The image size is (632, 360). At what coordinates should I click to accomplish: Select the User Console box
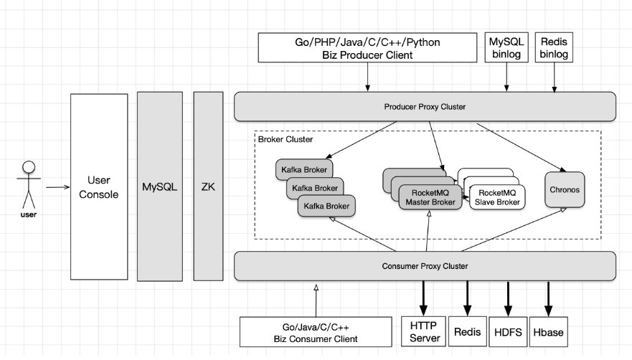click(x=99, y=186)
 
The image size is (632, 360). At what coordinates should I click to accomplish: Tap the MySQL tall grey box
click(x=159, y=186)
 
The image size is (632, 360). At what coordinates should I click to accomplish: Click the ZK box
click(x=208, y=186)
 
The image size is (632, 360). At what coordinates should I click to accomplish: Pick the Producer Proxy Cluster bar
click(x=425, y=107)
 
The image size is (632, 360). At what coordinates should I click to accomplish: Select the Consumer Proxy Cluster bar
click(x=425, y=266)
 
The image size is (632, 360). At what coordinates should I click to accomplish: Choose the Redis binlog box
click(x=555, y=48)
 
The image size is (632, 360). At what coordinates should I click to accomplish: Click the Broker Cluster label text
click(x=284, y=139)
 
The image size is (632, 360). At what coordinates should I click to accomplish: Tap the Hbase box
click(x=548, y=332)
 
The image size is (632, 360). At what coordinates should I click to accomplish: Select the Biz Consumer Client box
click(x=315, y=332)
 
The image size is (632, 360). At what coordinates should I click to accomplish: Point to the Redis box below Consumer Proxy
click(x=467, y=332)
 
